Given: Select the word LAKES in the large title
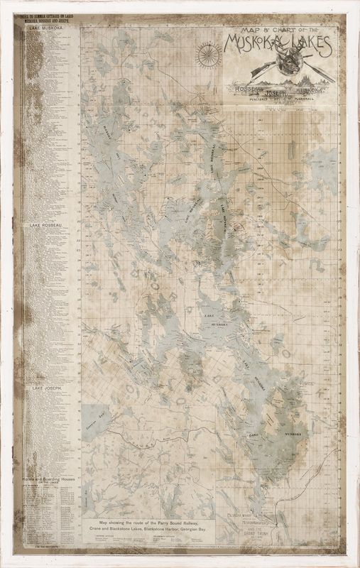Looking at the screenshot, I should tap(310, 46).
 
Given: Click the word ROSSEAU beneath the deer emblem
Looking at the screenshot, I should tap(244, 89).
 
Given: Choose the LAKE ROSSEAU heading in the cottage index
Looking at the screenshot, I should tap(46, 225).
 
